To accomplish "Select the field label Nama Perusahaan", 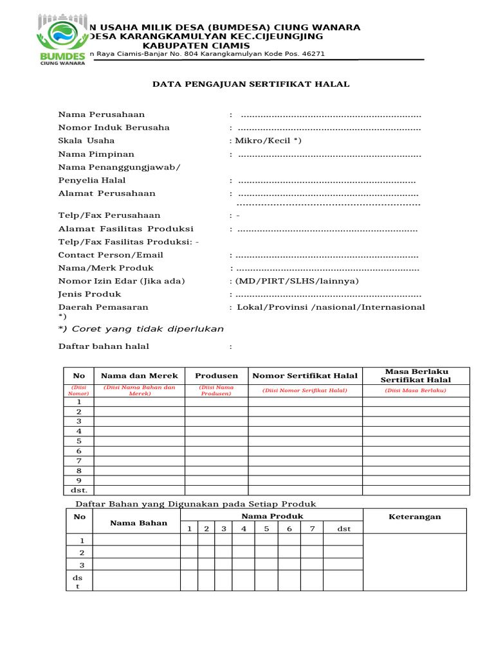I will [x=102, y=114].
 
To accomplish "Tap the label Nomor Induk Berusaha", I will [x=114, y=127].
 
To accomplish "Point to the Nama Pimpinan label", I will [x=96, y=154].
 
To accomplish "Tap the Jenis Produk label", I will [x=89, y=294].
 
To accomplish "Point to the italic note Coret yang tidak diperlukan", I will [x=142, y=329].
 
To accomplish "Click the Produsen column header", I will [x=217, y=376].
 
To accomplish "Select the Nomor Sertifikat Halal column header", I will [x=305, y=376].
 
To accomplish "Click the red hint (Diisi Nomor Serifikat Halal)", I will [x=305, y=391].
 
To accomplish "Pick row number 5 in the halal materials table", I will [x=79, y=441].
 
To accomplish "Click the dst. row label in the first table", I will [x=79, y=490].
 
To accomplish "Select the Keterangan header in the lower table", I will [x=415, y=517].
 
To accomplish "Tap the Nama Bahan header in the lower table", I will [x=138, y=522].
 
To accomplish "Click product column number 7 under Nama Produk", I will [x=312, y=529].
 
